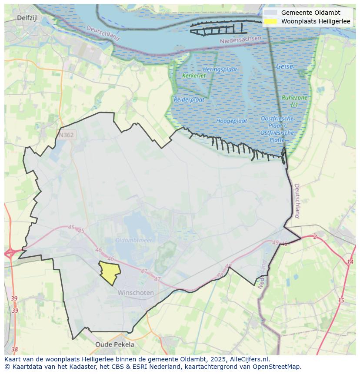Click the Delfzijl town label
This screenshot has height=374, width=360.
point(28,18)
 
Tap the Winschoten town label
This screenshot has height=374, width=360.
point(136,293)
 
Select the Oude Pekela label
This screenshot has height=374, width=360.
point(115,344)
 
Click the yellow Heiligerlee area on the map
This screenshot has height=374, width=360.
point(110,272)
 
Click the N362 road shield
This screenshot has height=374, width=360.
point(66,135)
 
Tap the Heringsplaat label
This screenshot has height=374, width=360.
point(220,70)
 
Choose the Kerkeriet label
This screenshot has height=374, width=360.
point(194,76)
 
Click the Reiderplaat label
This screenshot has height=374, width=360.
point(189,99)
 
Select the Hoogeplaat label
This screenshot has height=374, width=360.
point(232,121)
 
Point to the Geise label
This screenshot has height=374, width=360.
point(284,66)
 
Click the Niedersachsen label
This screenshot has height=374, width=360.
point(241,40)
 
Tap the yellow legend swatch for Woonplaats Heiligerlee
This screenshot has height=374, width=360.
point(270,21)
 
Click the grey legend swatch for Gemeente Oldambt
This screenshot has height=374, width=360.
point(270,13)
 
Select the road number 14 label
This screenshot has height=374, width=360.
point(350,262)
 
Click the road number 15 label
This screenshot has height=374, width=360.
point(341,301)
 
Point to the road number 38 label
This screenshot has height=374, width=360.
point(15,349)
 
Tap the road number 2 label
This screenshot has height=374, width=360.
point(315,237)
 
